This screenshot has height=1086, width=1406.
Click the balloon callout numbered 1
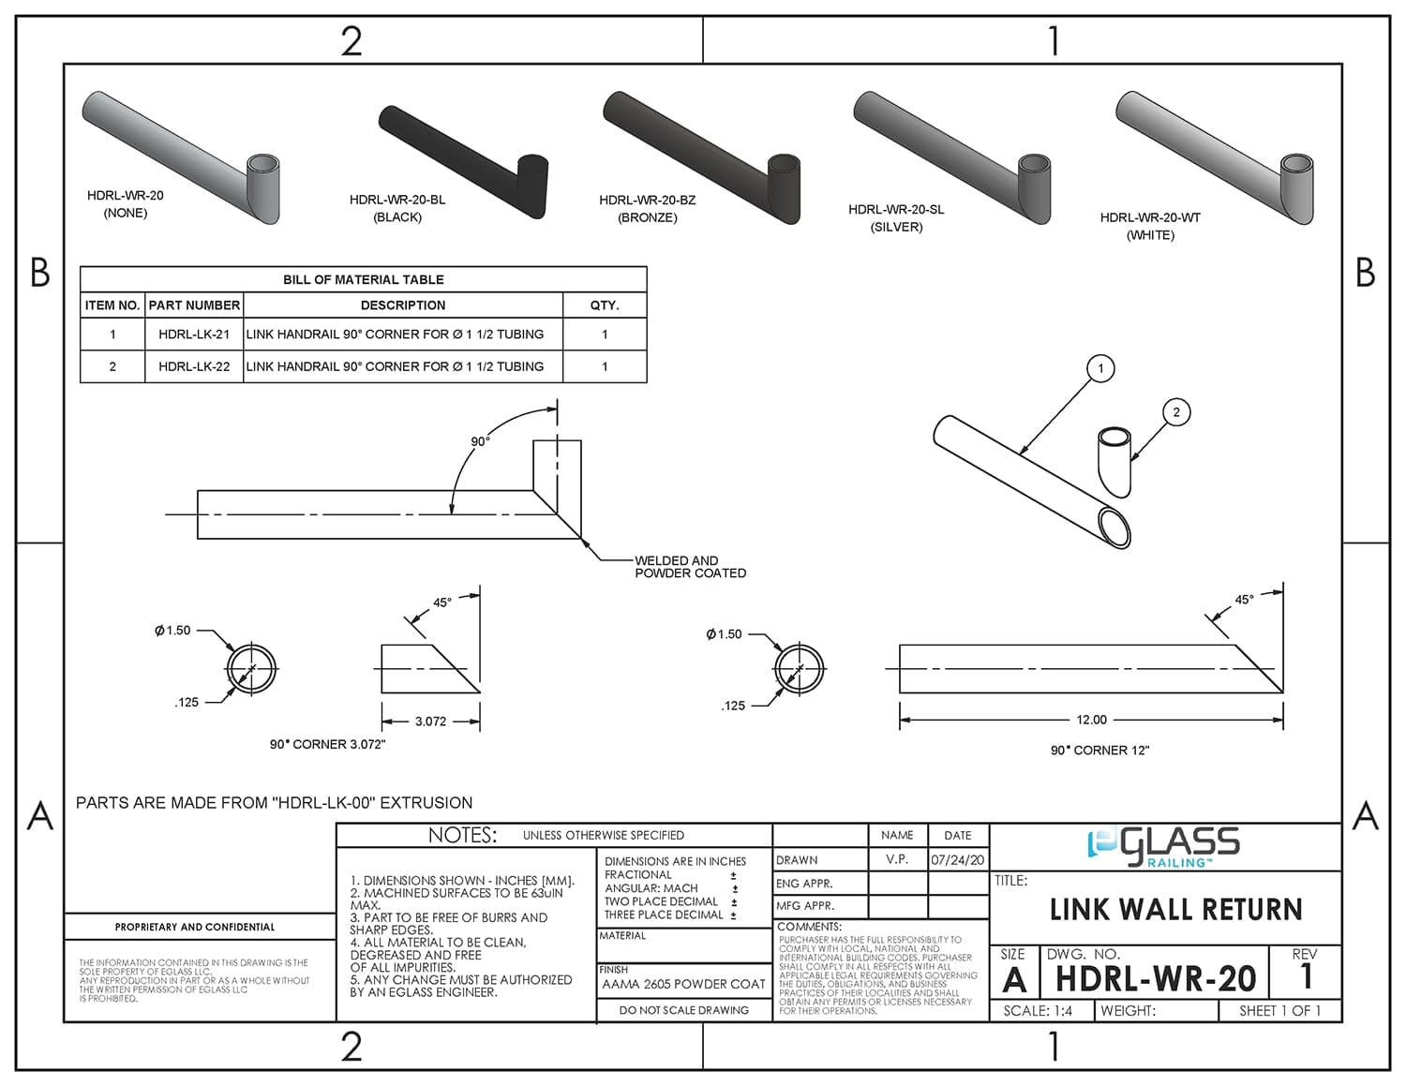click(1100, 368)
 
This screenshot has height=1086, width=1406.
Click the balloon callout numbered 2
click(1176, 411)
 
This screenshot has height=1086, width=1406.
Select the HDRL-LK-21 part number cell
click(194, 335)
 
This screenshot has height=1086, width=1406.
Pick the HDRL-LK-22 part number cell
click(194, 366)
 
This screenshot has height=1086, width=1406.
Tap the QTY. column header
click(605, 305)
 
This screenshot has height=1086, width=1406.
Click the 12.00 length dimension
click(1091, 720)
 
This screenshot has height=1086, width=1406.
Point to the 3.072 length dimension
click(430, 722)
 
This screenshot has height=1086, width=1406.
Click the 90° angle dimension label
click(480, 441)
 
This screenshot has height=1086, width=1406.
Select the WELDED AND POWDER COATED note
click(690, 567)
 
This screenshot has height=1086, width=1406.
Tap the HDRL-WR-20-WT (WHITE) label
click(1150, 226)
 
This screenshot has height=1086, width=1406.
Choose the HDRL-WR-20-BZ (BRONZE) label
click(647, 208)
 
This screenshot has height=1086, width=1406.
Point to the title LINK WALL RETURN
click(1175, 909)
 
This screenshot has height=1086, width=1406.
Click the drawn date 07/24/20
click(957, 860)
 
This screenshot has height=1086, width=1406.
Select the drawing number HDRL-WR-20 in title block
click(1155, 979)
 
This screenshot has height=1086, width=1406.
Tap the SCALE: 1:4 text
click(1038, 1011)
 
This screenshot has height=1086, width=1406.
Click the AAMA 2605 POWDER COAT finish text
click(683, 984)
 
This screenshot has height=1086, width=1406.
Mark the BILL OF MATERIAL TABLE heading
click(363, 279)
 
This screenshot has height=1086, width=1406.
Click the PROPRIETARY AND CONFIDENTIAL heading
click(195, 927)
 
